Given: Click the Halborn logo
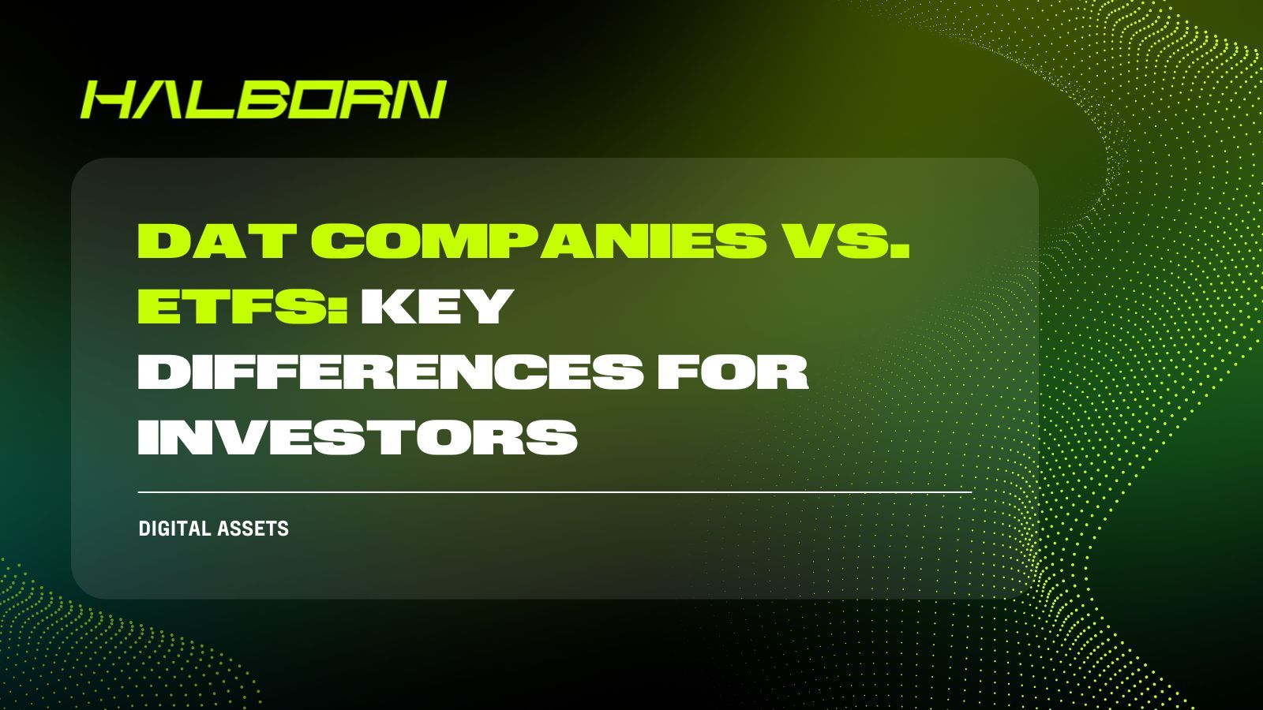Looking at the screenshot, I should pos(263,99).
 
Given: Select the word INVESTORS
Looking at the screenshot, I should pos(357,436).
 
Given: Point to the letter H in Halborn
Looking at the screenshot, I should pos(107,100).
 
